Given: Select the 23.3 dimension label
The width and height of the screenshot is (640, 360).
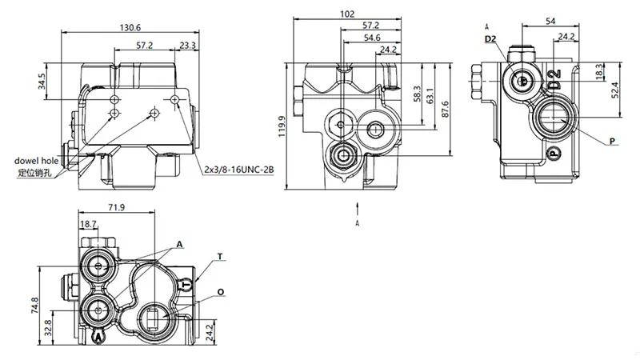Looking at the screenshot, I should pyautogui.click(x=188, y=46).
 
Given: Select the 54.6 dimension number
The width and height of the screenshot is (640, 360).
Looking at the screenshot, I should pyautogui.click(x=371, y=38).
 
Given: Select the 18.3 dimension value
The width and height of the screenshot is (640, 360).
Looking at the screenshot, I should pyautogui.click(x=598, y=73).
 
